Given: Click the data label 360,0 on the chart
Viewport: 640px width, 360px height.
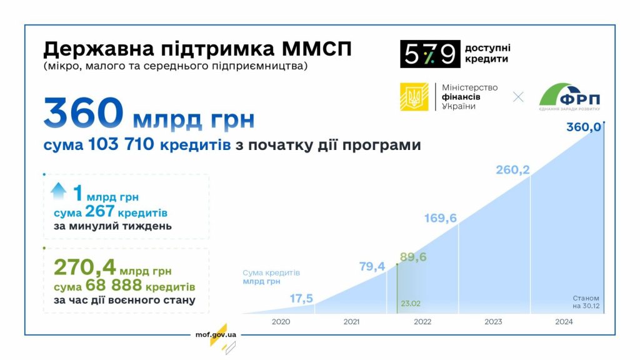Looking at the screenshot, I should click(583, 127).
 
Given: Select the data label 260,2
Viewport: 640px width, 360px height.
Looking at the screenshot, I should click(512, 170).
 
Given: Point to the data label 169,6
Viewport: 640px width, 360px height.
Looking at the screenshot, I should click(441, 218).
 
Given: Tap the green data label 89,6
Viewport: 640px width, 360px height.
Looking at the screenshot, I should click(413, 257).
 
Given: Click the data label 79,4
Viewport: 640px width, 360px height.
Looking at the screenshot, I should click(372, 267).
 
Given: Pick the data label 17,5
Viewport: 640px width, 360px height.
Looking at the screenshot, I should click(301, 299).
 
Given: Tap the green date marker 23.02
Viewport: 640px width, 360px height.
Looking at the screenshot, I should click(410, 304).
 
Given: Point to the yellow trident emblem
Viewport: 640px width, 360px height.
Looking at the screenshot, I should click(414, 97).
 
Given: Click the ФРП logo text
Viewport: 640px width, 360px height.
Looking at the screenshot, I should click(579, 101).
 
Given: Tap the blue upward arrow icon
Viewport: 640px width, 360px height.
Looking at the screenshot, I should click(59, 191).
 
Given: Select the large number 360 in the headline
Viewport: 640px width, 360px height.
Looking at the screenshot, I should click(83, 114).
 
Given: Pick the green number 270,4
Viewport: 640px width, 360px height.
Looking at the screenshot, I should click(84, 267).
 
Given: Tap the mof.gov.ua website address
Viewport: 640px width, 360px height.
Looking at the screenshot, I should click(216, 334).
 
